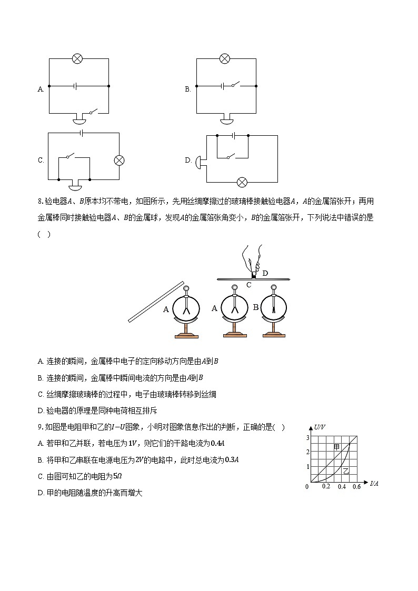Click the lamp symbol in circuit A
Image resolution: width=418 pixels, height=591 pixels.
[x=77, y=58]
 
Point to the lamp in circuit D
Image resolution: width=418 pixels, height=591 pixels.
[x=242, y=182]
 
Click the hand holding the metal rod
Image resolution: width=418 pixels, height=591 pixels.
[x=252, y=259]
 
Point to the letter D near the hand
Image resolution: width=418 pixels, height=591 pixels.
[x=265, y=273]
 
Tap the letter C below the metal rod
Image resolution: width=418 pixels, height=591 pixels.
[x=249, y=285]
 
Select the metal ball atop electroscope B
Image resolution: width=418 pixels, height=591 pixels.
[x=273, y=288]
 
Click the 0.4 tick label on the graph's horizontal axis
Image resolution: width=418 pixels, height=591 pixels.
[x=342, y=487]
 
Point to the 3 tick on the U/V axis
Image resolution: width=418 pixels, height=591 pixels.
[x=307, y=437]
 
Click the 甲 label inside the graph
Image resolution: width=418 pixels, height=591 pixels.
[x=337, y=447]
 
